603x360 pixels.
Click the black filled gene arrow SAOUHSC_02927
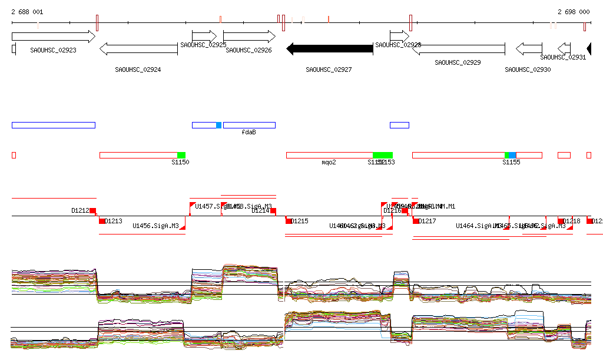coord(330,48)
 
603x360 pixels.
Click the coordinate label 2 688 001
coord(27,12)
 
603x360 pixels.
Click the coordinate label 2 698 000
coord(574,12)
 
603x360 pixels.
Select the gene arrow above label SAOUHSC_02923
coord(53,37)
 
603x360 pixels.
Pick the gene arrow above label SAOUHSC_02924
coord(138,49)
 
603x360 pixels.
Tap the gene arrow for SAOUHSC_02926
coord(249,37)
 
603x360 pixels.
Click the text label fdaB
coord(249,133)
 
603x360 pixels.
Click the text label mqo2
coord(329,162)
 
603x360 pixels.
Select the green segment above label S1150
coord(181,155)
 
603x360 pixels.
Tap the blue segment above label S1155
coord(512,155)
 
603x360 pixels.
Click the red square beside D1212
coord(93,210)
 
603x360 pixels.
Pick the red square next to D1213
coord(102,221)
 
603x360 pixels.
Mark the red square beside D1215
coord(289,221)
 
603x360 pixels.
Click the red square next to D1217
coord(416,221)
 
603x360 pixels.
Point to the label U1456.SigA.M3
coord(155,226)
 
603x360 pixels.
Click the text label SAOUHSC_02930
coord(528,70)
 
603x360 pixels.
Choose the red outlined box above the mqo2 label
coord(329,155)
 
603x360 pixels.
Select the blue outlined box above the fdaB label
coord(249,125)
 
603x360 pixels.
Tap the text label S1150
coord(180,162)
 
